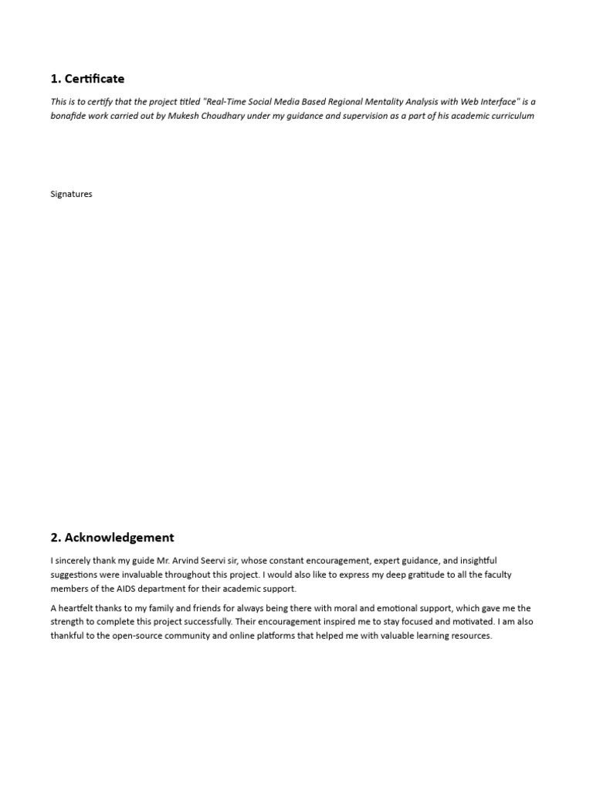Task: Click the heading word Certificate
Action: [x=94, y=79]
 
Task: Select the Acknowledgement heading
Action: [x=120, y=538]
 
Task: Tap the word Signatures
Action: [x=71, y=194]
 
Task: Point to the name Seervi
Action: [x=193, y=560]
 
